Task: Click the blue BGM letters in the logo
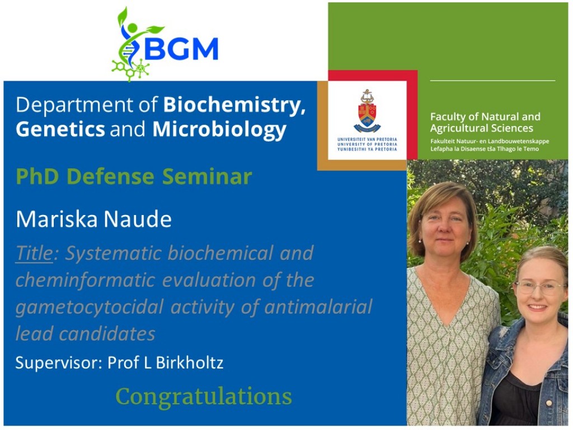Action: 181,48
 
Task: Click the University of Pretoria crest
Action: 367,111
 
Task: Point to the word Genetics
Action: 60,129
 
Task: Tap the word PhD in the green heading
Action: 39,176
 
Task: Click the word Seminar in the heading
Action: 207,176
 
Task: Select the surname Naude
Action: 138,219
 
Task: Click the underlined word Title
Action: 34,253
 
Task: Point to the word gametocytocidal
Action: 89,307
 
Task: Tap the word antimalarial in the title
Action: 318,306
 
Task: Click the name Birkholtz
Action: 189,362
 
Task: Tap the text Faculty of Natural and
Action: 485,116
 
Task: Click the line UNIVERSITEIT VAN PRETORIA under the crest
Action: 367,139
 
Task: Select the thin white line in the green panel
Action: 492,81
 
